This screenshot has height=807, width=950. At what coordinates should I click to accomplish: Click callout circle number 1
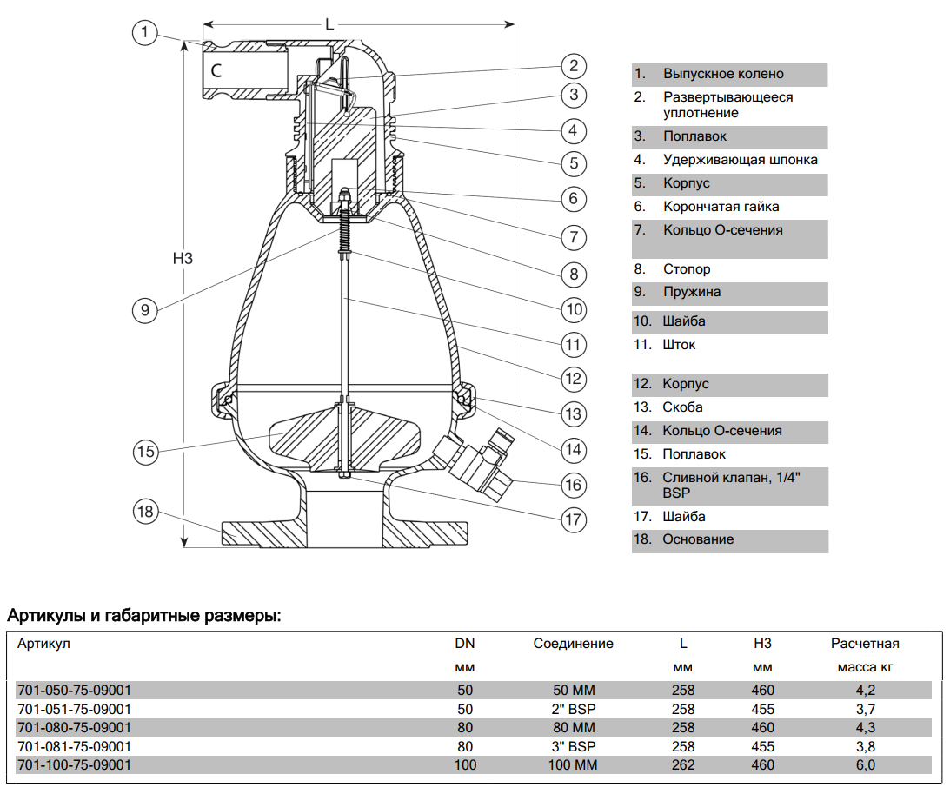[145, 33]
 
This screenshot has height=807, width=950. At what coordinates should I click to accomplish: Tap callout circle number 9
[145, 308]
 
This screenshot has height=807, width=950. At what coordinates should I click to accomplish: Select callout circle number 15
[145, 451]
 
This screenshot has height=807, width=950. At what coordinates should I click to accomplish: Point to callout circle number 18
[145, 512]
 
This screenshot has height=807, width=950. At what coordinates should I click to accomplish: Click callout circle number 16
[573, 485]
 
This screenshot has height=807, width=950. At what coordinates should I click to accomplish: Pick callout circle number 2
[573, 66]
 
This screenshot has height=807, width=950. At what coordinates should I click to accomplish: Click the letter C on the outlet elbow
[216, 71]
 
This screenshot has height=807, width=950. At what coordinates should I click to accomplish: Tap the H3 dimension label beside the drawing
[182, 258]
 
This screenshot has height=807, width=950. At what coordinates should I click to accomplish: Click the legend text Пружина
[691, 292]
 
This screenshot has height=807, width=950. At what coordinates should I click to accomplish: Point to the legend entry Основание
[698, 539]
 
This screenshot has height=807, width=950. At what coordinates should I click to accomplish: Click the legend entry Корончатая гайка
[721, 207]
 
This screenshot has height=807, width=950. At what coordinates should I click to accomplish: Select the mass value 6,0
[865, 765]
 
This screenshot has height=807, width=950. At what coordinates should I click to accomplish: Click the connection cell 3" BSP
[574, 746]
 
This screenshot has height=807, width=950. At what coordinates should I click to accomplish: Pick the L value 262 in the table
[683, 765]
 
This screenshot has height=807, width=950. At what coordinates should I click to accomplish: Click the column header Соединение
[573, 644]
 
